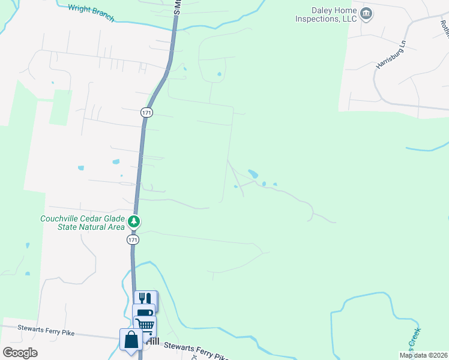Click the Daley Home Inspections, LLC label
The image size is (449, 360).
(326, 14)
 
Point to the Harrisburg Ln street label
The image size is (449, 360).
(388, 55)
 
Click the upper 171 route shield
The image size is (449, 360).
(147, 112)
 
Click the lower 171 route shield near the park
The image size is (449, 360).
(133, 239)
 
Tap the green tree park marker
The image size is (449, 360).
(134, 223)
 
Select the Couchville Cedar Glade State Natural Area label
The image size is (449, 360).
(82, 223)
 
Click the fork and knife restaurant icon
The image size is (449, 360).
(146, 299)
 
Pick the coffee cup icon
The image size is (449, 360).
(144, 313)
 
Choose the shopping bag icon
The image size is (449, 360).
(131, 340)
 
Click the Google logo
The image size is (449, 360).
(20, 352)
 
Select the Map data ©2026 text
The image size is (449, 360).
(423, 355)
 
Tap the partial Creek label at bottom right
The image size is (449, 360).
(414, 339)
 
